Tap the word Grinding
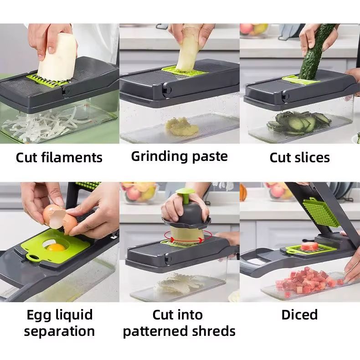coord(159,157)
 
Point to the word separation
coord(59,332)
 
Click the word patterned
coord(155,331)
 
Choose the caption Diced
coord(299,314)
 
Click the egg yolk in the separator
coord(55,247)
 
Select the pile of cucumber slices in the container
coord(298,123)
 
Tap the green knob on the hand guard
coord(185,195)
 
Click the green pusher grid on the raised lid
coord(321,213)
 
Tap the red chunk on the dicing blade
coord(310,246)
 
